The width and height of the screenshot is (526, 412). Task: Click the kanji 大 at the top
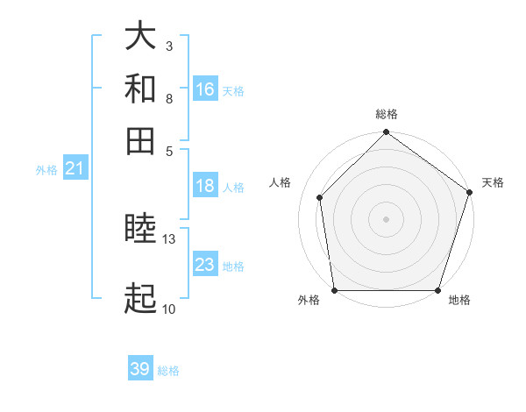140,36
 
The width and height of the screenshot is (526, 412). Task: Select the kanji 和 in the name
140,89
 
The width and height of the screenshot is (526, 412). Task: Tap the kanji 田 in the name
140,140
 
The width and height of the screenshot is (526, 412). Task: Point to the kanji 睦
140,231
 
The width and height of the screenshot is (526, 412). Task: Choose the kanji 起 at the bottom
140,299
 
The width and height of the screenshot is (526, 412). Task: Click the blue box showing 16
205,89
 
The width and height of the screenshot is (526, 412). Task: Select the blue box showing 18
205,186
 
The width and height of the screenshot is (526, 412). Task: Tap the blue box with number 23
205,265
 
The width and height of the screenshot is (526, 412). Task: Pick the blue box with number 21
75,168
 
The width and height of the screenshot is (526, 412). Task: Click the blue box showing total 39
140,369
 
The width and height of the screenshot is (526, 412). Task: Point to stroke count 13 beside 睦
169,238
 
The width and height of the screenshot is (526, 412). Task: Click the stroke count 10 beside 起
169,309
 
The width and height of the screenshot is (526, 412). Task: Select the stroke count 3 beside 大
169,46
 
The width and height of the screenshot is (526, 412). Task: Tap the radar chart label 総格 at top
387,115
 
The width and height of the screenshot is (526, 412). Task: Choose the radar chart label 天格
493,182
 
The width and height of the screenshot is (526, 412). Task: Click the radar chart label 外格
309,300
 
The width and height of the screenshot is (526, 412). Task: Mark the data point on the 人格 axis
320,197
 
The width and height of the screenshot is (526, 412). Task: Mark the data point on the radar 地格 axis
437,290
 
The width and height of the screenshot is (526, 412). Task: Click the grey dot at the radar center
387,218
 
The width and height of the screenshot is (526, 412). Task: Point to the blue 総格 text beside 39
168,371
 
